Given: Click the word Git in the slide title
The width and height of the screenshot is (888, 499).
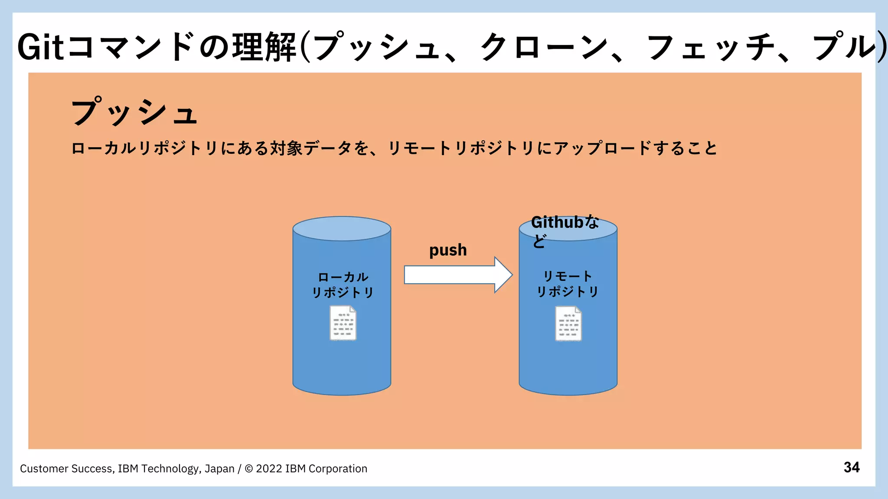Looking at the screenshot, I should (41, 47).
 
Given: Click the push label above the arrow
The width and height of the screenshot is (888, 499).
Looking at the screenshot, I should (448, 250).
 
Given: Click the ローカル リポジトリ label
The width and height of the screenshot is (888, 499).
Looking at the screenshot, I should (343, 285).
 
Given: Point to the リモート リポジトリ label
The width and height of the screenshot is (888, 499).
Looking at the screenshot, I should (568, 284).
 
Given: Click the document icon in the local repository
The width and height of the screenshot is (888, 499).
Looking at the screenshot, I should (343, 323).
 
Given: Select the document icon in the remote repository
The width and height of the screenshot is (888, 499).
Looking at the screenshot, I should (568, 324).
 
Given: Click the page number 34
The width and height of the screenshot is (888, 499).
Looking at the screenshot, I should (851, 467).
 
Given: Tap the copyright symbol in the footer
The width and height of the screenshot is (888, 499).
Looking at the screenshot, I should (249, 469).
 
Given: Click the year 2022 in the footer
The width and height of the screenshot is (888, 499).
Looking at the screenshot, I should (269, 469).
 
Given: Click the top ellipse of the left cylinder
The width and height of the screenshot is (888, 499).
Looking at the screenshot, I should (342, 229).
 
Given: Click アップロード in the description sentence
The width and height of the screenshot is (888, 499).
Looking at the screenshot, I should (603, 149).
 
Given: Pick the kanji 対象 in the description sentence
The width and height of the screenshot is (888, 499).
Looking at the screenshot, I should (286, 149).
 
